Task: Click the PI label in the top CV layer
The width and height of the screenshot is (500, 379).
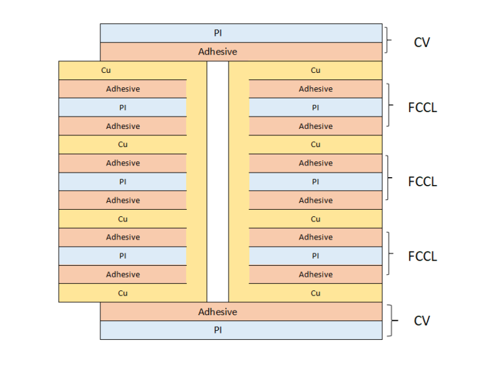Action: [217, 33]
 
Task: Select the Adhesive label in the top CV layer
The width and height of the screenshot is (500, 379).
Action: [217, 51]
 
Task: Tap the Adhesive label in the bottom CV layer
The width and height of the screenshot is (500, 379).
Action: [217, 312]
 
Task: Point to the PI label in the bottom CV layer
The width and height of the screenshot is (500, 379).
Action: [217, 330]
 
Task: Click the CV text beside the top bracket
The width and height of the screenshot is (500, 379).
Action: [422, 43]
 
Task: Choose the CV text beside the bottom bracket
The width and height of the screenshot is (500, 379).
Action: [422, 321]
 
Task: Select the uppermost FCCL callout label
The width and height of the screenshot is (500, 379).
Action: [423, 107]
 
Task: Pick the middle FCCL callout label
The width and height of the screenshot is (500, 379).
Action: [423, 182]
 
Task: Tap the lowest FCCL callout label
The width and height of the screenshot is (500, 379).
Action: [423, 256]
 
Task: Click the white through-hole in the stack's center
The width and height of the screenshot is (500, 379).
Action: [218, 182]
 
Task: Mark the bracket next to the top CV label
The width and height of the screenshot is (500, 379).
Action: [388, 42]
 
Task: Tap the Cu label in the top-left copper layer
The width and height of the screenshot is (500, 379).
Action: [106, 70]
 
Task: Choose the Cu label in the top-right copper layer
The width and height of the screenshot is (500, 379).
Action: [315, 70]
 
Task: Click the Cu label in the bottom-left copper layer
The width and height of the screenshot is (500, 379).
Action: [122, 293]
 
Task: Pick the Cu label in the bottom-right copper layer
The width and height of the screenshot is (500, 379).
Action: [315, 293]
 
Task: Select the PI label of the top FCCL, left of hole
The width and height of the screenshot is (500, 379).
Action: [122, 107]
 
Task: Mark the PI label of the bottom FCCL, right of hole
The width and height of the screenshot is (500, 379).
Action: [315, 256]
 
